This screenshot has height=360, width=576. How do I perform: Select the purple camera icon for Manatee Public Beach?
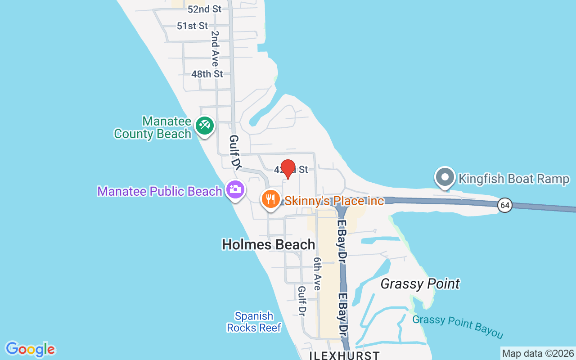click(235, 189)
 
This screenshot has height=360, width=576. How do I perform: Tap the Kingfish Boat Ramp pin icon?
click(445, 177)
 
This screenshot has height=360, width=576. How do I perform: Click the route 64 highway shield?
click(505, 206)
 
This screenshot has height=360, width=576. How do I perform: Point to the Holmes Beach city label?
click(268, 244)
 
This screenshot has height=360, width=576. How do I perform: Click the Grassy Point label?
click(420, 284)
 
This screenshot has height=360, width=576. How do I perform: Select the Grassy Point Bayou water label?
click(458, 326)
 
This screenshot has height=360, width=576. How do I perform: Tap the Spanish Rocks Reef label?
click(254, 322)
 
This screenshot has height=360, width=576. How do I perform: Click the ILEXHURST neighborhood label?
click(344, 355)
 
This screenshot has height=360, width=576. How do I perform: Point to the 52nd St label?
click(205, 9)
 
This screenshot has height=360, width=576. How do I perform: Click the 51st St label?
click(192, 26)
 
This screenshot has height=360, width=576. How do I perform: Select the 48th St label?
click(207, 74)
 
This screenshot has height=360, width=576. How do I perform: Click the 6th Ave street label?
click(318, 274)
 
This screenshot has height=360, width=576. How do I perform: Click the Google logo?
click(30, 349)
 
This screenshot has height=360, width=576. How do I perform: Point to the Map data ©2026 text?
click(538, 353)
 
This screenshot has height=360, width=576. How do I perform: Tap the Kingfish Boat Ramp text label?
click(513, 179)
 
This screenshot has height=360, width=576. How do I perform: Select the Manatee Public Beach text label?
click(159, 191)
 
